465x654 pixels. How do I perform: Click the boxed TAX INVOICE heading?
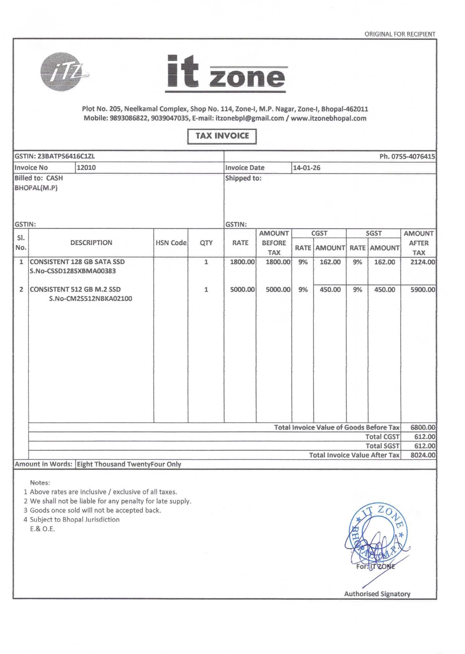(222, 136)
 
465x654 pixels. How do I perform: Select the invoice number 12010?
(86, 168)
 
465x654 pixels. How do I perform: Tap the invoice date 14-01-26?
(306, 168)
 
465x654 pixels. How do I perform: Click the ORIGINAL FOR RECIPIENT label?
(400, 34)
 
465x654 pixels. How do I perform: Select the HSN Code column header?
(171, 243)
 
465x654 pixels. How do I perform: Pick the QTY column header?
(206, 243)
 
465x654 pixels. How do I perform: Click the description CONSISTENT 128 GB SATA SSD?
(77, 262)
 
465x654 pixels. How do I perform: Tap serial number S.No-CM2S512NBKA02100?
(91, 299)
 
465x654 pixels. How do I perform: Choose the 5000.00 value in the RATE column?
(242, 289)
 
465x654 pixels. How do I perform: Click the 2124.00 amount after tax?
(423, 262)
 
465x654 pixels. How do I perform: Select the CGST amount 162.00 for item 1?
(330, 262)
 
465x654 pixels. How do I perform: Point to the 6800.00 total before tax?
(423, 427)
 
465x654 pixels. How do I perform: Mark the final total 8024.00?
(423, 455)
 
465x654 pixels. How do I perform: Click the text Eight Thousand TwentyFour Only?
(129, 464)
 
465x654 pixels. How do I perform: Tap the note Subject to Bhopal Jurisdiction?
(74, 519)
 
